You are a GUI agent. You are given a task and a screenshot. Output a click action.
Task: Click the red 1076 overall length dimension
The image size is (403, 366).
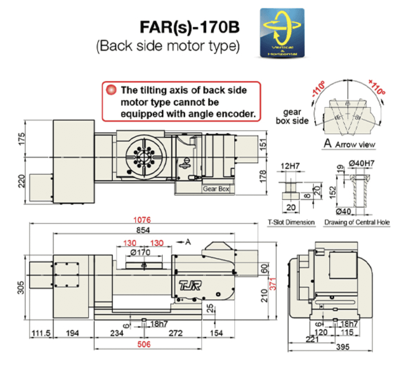click(x=142, y=220)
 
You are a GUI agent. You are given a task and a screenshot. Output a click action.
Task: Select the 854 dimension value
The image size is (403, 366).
click(x=143, y=230)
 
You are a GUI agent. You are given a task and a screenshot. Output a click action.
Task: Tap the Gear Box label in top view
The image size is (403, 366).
click(x=216, y=189)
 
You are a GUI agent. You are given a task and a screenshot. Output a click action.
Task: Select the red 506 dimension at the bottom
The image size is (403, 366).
click(x=144, y=345)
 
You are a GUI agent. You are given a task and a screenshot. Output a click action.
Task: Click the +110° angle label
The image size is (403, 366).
click(x=376, y=87)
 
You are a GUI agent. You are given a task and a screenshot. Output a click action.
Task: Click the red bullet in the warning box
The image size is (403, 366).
click(x=111, y=90)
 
